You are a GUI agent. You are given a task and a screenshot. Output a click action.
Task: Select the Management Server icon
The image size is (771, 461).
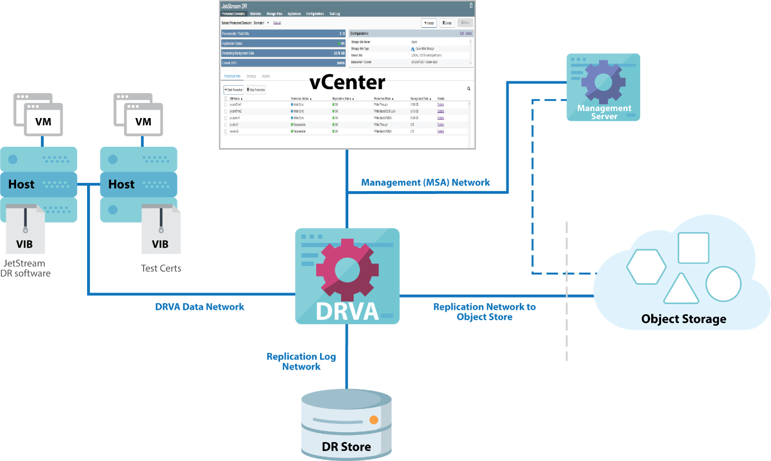click(x=603, y=87)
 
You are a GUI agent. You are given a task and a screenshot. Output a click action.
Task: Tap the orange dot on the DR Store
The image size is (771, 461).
click(x=374, y=420)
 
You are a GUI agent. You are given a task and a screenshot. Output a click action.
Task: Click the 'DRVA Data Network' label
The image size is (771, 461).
click(x=200, y=306)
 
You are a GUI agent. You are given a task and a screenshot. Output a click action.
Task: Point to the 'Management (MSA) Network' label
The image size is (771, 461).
click(x=425, y=182)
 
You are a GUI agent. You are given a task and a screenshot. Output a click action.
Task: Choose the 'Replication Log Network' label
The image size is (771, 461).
click(x=301, y=361)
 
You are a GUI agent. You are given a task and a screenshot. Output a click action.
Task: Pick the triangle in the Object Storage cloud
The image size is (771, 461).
click(x=681, y=289)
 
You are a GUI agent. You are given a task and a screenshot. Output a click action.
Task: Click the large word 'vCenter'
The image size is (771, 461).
click(x=347, y=83)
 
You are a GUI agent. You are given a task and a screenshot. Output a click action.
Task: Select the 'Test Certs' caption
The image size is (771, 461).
click(x=161, y=268)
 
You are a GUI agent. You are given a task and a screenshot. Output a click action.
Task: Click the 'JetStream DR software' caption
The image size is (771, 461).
click(x=27, y=268)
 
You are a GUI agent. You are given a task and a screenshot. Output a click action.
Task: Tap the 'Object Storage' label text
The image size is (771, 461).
click(x=683, y=319)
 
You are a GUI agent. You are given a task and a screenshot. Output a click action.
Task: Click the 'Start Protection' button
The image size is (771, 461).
click(x=234, y=89)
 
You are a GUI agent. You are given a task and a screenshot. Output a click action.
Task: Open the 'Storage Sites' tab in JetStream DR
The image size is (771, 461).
click(x=274, y=13)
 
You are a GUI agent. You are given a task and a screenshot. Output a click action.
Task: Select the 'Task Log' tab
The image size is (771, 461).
click(x=334, y=13)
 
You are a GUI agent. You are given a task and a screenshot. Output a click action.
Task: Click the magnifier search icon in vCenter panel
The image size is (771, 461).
click(x=469, y=89)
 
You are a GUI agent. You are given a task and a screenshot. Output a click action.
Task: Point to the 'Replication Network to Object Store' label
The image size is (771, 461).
click(x=484, y=311)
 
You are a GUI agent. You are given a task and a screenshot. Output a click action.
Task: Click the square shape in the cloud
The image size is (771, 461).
click(x=693, y=248)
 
